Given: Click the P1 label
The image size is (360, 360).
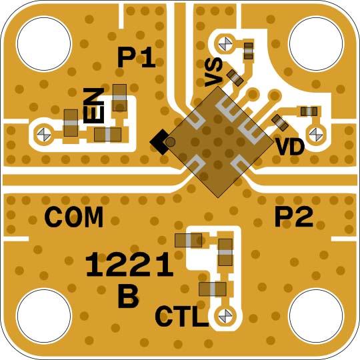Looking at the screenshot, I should click(x=136, y=59).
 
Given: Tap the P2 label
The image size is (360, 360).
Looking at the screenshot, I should click(x=294, y=217).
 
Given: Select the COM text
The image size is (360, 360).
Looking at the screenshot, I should click(x=74, y=217).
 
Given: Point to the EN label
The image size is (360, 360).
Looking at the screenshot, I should click(x=95, y=105).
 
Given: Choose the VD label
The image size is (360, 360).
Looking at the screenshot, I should click(x=290, y=147).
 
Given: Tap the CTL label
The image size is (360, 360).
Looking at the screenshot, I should click(x=181, y=316).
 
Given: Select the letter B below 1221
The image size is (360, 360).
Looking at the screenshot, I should click(x=128, y=297).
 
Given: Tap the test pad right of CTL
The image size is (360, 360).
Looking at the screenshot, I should click(x=225, y=315).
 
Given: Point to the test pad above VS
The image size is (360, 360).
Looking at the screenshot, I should click(x=227, y=43).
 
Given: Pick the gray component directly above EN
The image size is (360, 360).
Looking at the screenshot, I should click(x=120, y=97).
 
